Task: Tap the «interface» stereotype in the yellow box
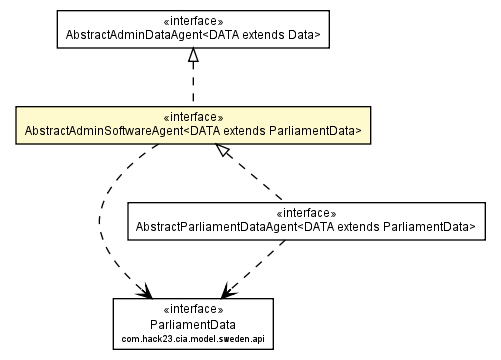coord(193,115)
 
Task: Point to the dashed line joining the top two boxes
coord(193,86)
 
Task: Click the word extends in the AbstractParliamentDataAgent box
coord(378,228)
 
